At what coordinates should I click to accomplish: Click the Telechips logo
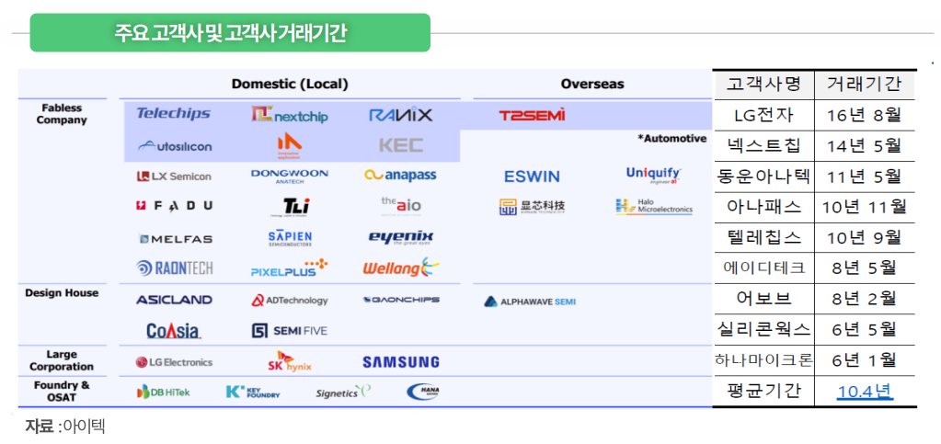(173, 114)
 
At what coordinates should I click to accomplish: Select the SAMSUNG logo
(400, 362)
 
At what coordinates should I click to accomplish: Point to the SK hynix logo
(289, 361)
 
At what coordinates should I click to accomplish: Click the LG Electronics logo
(174, 362)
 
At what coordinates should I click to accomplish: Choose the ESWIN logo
(531, 176)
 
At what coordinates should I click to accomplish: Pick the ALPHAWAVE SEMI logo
(530, 301)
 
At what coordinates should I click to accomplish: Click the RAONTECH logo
(174, 268)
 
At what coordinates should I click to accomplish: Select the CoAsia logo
(173, 330)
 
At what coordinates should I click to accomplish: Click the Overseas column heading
(591, 84)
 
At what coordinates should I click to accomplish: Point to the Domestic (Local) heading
(289, 84)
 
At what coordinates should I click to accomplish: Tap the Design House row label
(62, 292)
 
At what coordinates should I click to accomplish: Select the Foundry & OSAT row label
(62, 392)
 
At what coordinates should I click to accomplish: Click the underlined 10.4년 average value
(864, 391)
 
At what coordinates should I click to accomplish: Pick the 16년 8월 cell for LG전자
(864, 115)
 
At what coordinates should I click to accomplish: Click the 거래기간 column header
(864, 84)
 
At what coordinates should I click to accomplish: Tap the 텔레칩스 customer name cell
(763, 237)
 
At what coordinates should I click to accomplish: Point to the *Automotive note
(671, 139)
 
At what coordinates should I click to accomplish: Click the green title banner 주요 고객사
(230, 33)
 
